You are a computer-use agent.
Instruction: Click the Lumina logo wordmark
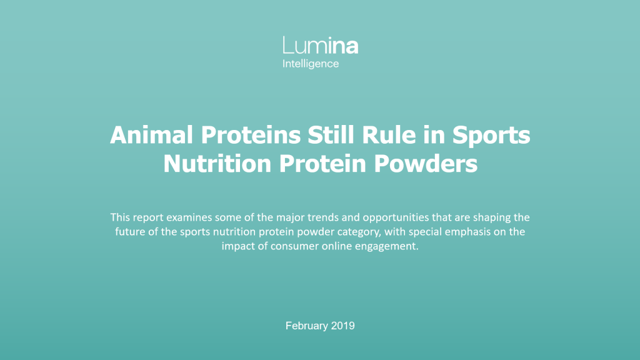point(321,45)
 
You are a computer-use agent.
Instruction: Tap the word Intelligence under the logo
point(311,64)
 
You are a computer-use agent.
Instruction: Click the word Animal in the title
point(151,135)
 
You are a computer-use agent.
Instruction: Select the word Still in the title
point(331,135)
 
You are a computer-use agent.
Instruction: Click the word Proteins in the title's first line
point(251,135)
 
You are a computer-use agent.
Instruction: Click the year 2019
point(343,326)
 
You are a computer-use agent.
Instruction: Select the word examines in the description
point(189,217)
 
